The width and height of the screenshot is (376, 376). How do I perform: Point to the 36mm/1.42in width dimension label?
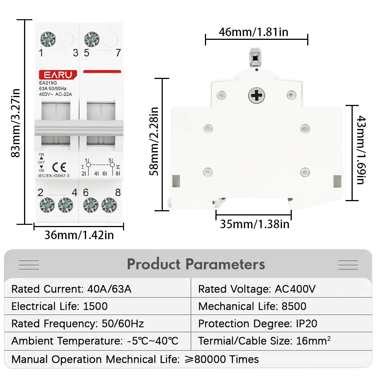coord(79,235)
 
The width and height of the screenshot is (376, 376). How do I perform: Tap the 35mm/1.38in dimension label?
coord(255,224)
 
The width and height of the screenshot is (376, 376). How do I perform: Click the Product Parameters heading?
coord(196,264)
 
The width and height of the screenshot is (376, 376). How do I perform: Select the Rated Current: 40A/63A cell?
coord(71,289)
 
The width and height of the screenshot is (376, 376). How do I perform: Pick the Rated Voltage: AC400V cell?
coord(257,289)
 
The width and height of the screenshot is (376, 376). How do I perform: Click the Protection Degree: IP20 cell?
coord(258,324)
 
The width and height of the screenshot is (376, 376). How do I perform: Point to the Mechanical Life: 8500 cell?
coord(252,306)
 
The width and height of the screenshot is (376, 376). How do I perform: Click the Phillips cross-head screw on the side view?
coord(256,96)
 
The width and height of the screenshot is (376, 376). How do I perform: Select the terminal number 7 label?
coord(118,53)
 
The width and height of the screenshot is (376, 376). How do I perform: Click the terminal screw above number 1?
coord(48,39)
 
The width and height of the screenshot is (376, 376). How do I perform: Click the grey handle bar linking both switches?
coord(79,128)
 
